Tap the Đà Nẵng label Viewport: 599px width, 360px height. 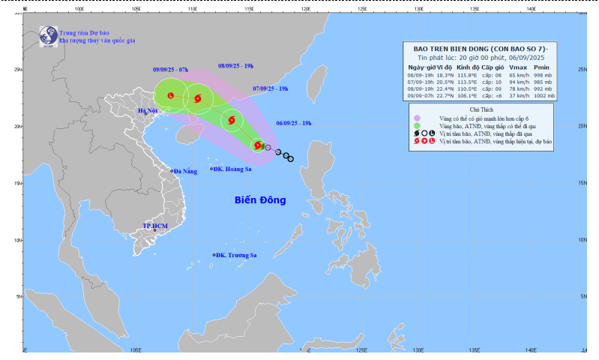(x=184, y=171)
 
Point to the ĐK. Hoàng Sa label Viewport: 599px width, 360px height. (x=232, y=169)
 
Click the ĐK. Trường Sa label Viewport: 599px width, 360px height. (x=235, y=255)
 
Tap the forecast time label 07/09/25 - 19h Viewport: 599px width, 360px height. (x=270, y=89)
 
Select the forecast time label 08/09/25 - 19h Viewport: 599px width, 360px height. (x=235, y=66)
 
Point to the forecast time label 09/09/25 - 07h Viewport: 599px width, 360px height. (x=170, y=69)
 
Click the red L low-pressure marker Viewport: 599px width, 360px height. (x=171, y=96)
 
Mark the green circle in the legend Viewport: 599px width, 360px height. (x=415, y=126)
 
